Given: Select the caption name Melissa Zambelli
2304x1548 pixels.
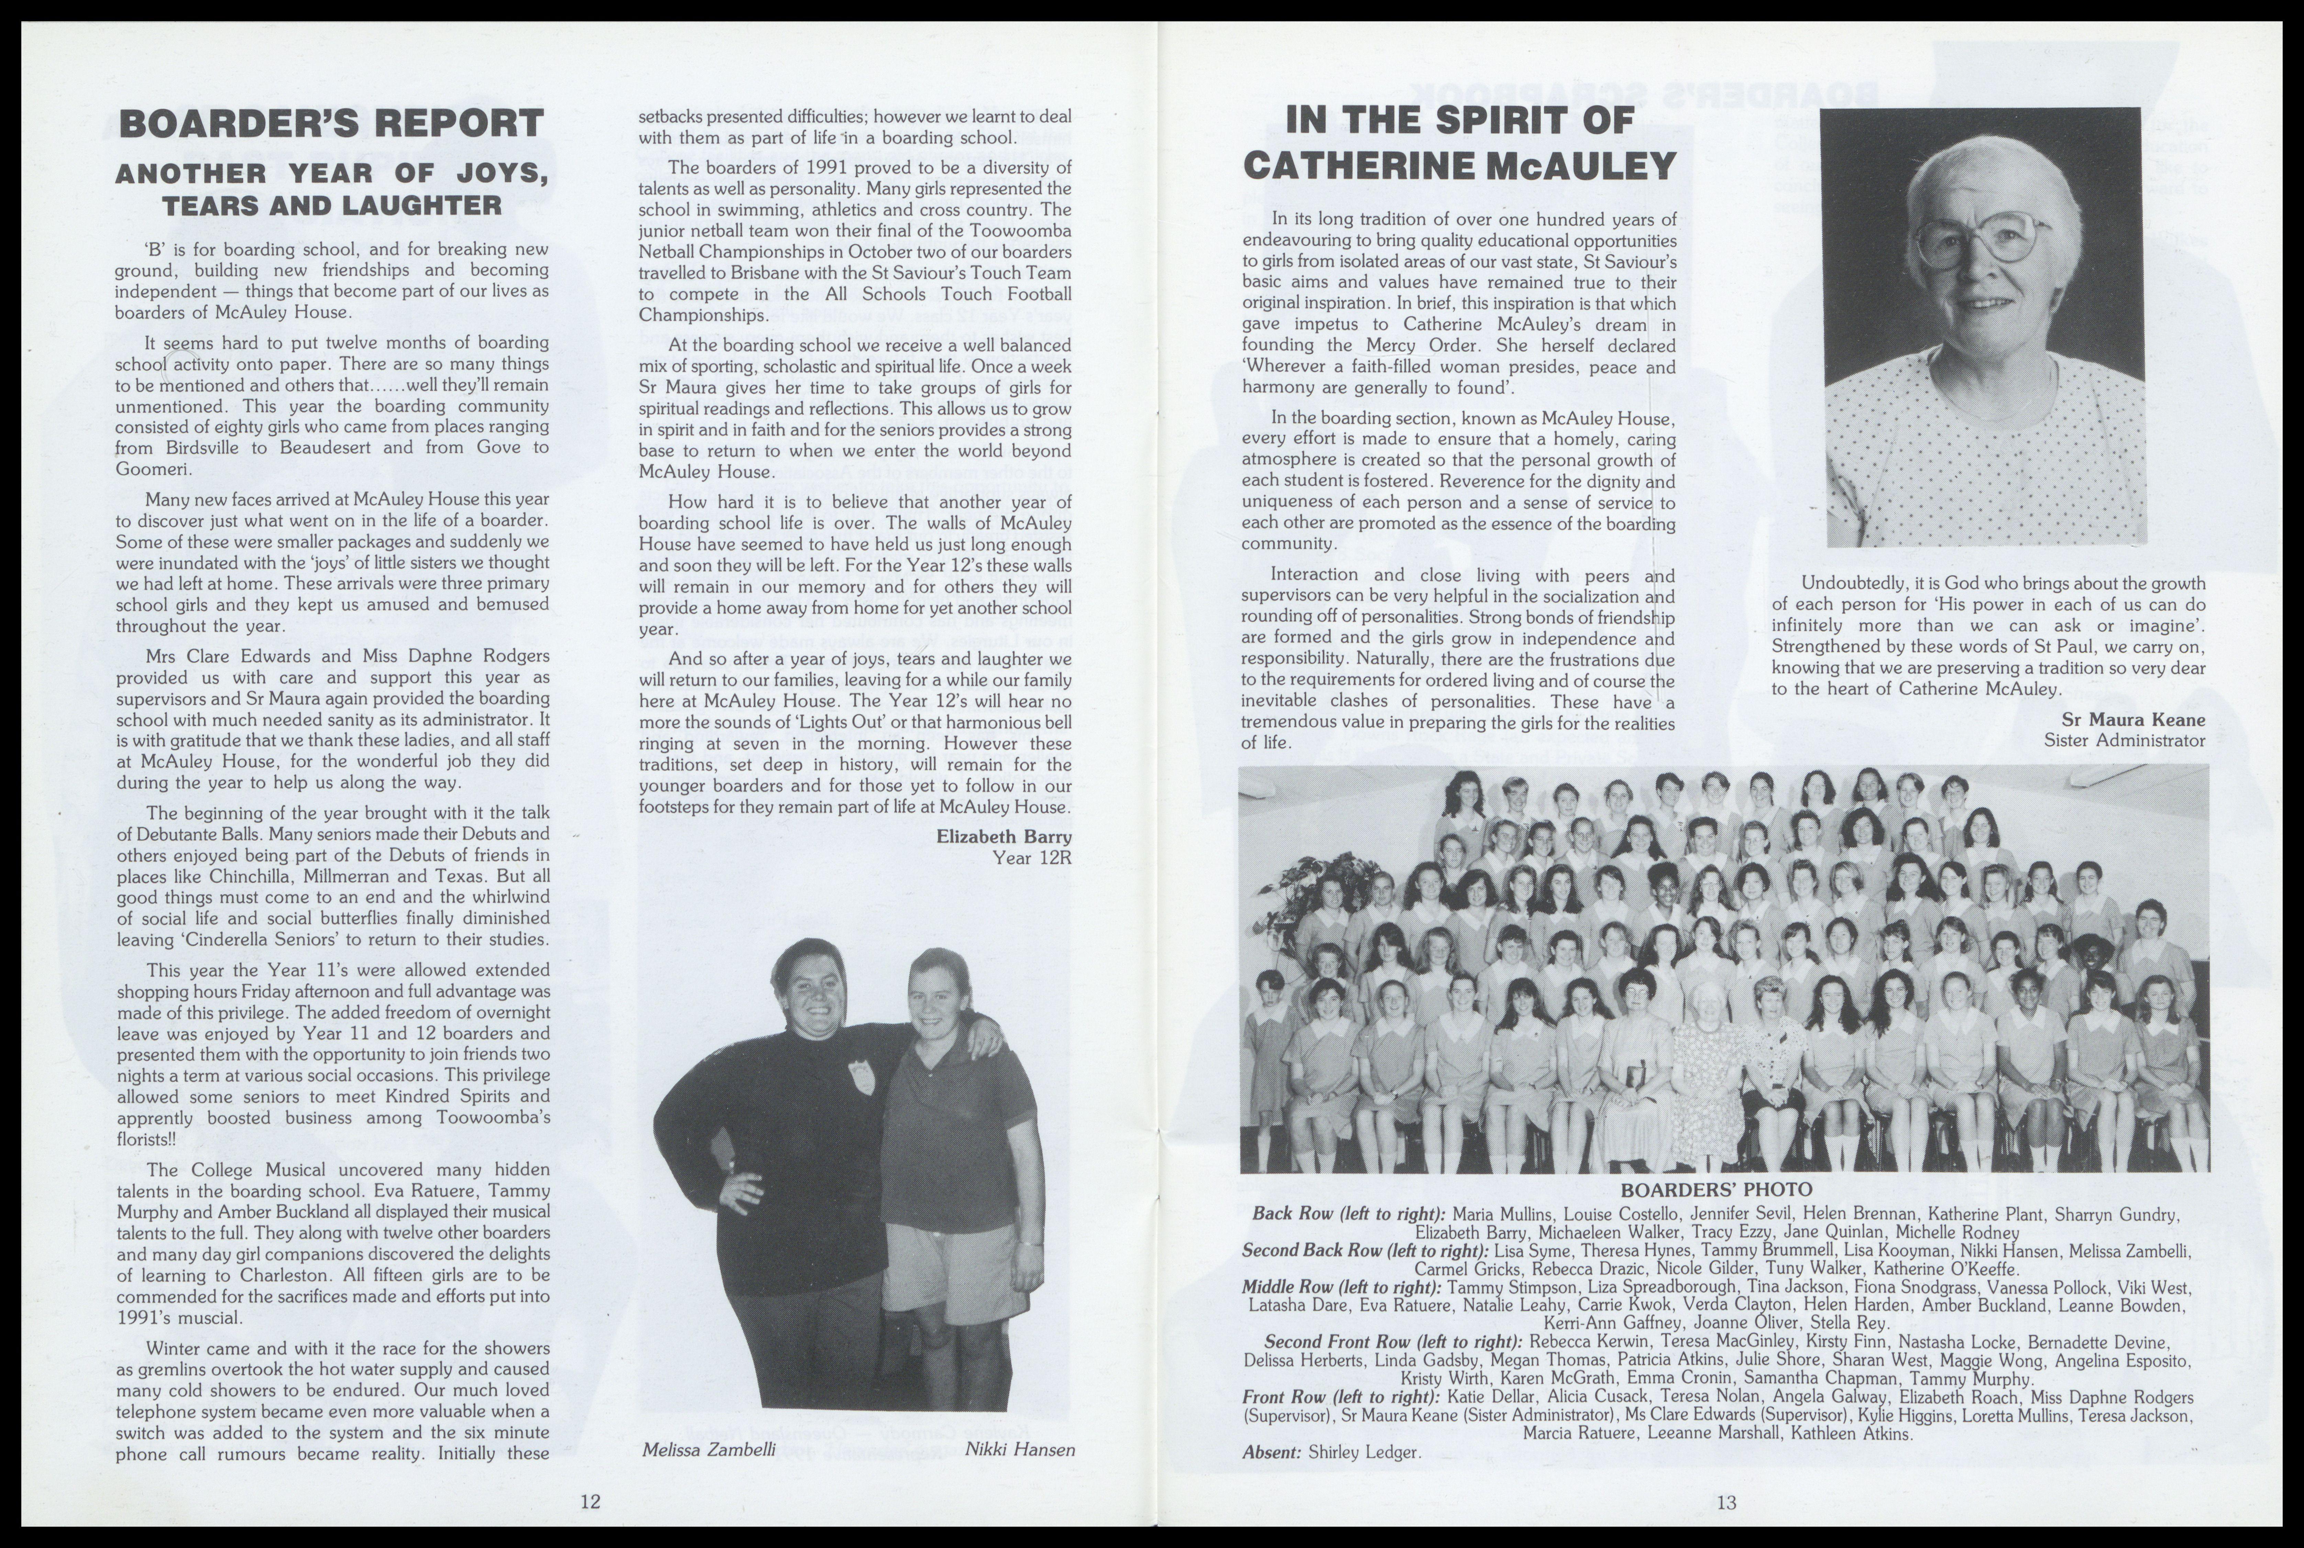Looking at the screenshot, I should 708,1449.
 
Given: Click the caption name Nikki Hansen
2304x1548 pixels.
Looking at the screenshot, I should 1019,1449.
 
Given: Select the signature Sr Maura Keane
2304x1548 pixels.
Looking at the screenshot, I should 2132,720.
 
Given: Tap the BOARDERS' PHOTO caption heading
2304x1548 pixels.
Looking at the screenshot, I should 1716,1190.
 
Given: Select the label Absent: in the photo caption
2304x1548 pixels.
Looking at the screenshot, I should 1272,1452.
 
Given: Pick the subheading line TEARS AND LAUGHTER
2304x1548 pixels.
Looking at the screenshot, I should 332,206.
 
